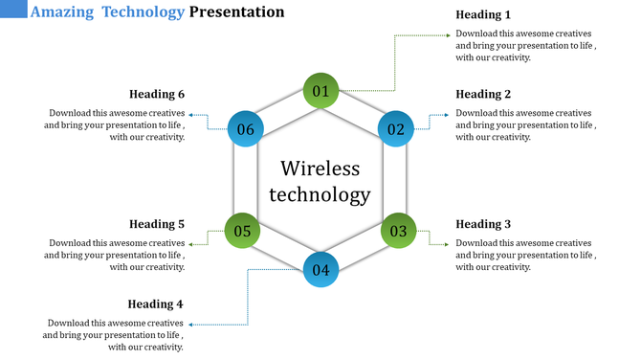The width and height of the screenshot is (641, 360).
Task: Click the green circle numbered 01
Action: pos(320,91)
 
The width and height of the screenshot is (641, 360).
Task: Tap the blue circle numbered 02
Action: pos(396,128)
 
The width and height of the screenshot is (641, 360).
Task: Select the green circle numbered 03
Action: pos(398,231)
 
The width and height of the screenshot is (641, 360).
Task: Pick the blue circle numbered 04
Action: pos(320,269)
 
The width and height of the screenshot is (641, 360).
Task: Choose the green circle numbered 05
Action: pos(242,231)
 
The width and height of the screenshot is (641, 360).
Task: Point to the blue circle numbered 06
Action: pos(245,129)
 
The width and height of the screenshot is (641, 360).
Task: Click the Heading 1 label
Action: pos(483,14)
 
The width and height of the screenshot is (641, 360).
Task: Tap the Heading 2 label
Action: pos(483,94)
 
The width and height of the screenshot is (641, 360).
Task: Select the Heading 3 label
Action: pos(483,224)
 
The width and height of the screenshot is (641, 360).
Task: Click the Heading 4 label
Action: pos(155,304)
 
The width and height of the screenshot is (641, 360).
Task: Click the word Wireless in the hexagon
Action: pos(320,169)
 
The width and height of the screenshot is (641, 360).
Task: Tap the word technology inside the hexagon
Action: pos(320,195)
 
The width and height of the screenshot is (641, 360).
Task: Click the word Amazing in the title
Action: pos(60,12)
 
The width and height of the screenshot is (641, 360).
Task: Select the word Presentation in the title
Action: pos(236,12)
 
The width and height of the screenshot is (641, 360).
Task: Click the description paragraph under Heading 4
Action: pos(115,335)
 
